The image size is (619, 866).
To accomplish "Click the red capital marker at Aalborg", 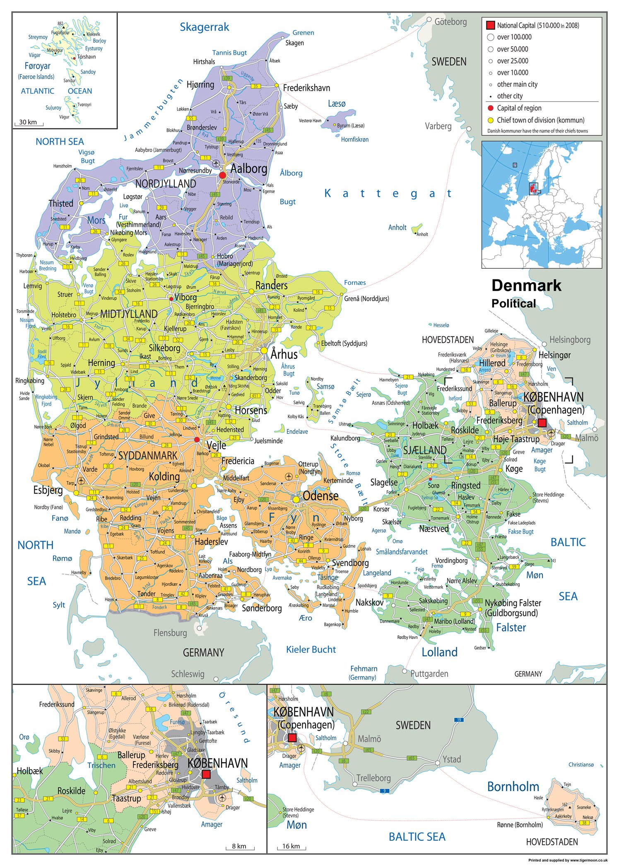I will pyautogui.click(x=222, y=175).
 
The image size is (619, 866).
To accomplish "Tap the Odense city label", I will pyautogui.click(x=320, y=496).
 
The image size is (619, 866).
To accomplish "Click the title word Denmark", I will pyautogui.click(x=526, y=286).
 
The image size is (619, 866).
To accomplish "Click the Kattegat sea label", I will pyautogui.click(x=388, y=193).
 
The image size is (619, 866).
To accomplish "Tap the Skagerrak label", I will pyautogui.click(x=204, y=27).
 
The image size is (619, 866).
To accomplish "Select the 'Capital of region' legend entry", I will pyautogui.click(x=519, y=108).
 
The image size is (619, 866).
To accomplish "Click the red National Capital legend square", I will pyautogui.click(x=490, y=25).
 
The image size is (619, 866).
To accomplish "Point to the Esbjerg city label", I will pyautogui.click(x=48, y=491).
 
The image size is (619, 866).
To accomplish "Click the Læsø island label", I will pyautogui.click(x=336, y=103).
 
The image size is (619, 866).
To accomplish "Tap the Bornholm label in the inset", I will pyautogui.click(x=513, y=787).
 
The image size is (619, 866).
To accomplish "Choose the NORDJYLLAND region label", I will pyautogui.click(x=166, y=183).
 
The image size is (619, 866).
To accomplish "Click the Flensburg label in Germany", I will pyautogui.click(x=170, y=633).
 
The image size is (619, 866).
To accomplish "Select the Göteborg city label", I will pyautogui.click(x=450, y=22).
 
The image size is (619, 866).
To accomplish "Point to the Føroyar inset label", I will pyautogui.click(x=38, y=66).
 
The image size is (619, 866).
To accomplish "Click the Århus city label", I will pyautogui.click(x=284, y=354).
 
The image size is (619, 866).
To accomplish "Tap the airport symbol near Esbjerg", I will pyautogui.click(x=81, y=481).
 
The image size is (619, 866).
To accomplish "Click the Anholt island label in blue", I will pyautogui.click(x=397, y=227).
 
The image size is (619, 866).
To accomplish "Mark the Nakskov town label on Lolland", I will pyautogui.click(x=369, y=602).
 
